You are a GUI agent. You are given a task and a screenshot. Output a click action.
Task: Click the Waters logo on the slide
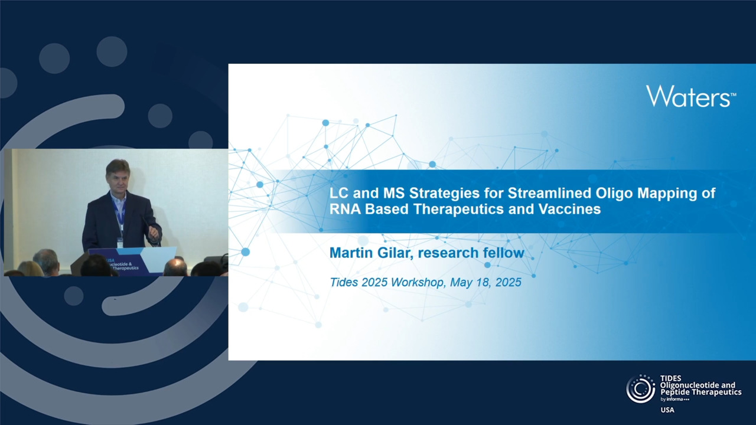pos(691,96)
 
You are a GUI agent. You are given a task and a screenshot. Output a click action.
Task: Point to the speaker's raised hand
pos(154,232)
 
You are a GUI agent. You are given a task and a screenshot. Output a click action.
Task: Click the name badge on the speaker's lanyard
pos(120,242)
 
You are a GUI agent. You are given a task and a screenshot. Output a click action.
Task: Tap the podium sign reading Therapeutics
pos(125,268)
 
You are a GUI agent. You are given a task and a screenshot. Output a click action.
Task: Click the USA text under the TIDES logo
pos(667,410)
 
